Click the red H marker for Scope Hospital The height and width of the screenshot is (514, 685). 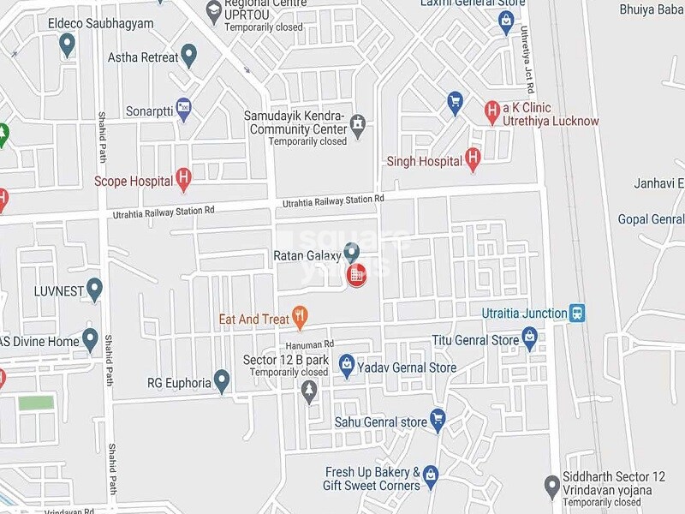182,179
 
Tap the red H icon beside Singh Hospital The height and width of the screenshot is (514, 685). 473,158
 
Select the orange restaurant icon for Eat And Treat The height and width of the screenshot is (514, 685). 299,318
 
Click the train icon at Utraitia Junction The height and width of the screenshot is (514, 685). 579,313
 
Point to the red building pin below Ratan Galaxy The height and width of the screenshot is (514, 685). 355,275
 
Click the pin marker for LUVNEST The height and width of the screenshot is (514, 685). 94,289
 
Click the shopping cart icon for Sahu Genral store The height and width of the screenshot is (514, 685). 438,420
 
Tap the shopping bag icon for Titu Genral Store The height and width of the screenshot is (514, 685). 530,339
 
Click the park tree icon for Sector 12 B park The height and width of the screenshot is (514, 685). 309,391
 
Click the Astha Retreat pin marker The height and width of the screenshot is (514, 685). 189,56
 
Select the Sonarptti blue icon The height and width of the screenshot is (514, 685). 183,109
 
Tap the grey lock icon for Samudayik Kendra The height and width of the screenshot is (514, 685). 358,124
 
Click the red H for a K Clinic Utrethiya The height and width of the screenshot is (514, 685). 491,110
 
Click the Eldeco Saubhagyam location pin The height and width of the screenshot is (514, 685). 68,45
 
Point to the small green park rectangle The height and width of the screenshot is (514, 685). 36,403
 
